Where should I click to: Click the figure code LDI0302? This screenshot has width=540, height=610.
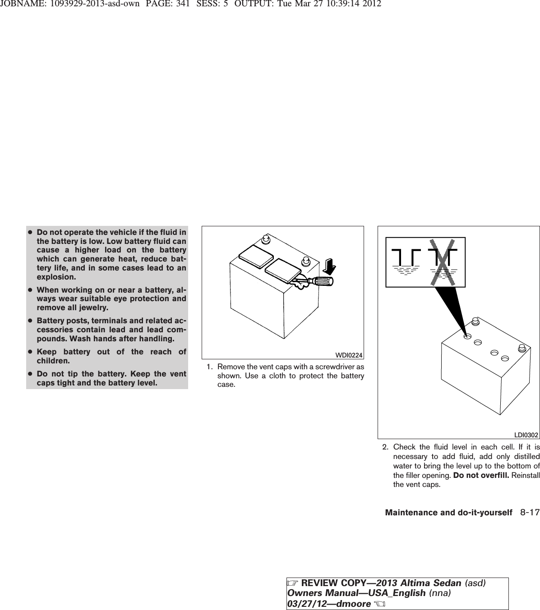[x=526, y=435]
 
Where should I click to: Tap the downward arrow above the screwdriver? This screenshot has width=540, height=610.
[x=330, y=266]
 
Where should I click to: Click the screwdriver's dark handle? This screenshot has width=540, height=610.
[x=323, y=281]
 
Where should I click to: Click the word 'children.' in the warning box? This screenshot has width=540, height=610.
[x=53, y=361]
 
